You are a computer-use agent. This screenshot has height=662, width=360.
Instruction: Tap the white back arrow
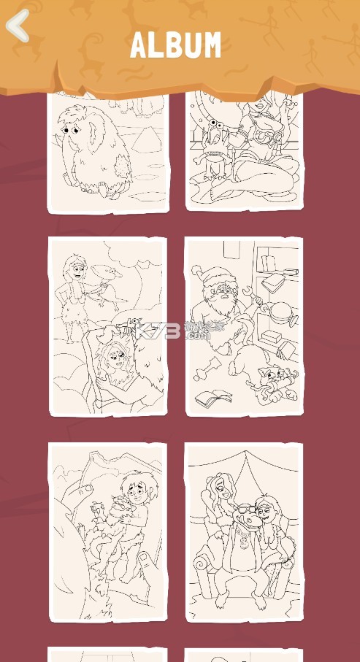point(18,26)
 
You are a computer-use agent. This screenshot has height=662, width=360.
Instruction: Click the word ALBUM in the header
point(175,45)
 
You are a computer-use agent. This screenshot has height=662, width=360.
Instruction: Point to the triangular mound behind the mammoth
point(147,141)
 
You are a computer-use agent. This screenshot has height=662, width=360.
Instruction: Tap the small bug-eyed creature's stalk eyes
point(217,123)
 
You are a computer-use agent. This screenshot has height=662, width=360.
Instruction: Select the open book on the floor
point(214,397)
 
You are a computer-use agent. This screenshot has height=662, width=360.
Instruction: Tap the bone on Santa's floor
point(209,367)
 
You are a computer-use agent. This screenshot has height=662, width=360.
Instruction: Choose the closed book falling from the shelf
point(273,283)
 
